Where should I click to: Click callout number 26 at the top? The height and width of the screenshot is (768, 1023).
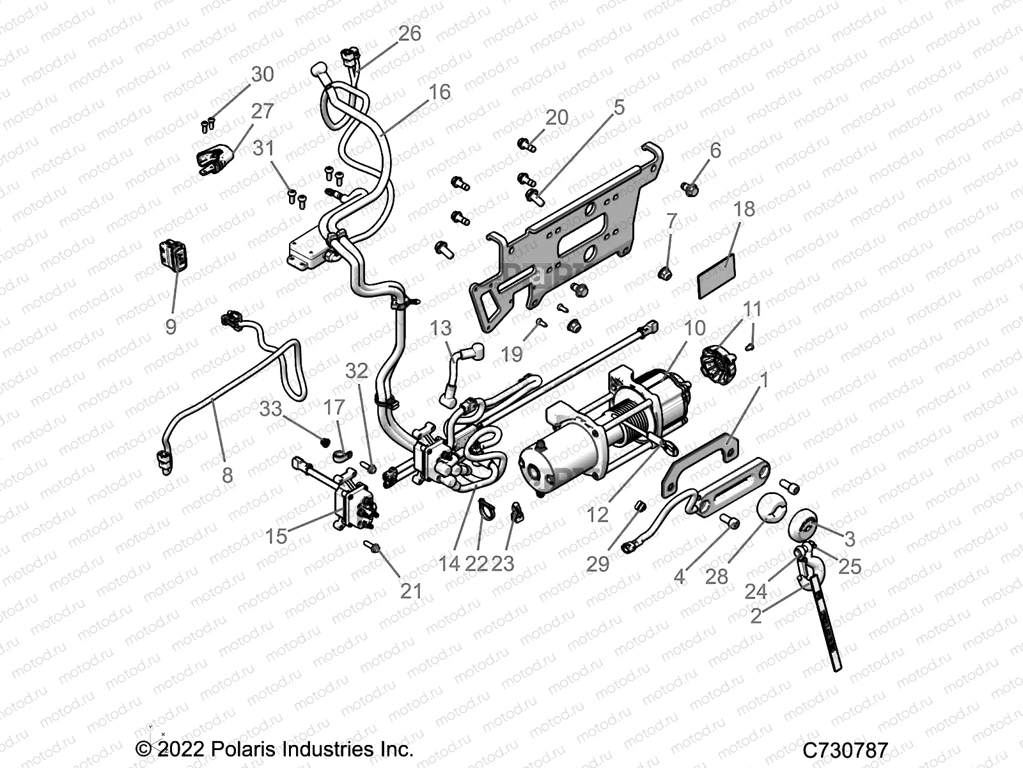[410, 33]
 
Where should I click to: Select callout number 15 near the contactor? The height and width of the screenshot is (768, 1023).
[276, 536]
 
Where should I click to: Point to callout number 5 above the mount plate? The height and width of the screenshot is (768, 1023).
[618, 108]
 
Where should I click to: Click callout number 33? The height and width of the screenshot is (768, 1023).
[271, 408]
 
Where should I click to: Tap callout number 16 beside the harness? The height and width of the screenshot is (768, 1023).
[440, 92]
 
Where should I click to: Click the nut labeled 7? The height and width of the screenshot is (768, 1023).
[665, 275]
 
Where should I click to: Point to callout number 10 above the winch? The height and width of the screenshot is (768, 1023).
[694, 328]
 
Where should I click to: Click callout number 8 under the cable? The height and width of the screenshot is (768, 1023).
[227, 475]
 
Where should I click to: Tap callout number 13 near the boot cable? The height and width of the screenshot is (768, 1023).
[441, 329]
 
